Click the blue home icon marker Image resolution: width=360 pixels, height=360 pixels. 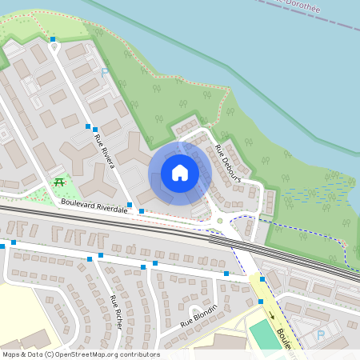click(180, 172)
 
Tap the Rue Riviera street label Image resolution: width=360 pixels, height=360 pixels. click(105, 151)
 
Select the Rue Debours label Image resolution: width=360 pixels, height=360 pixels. click(227, 162)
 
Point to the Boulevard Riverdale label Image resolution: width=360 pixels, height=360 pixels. click(94, 206)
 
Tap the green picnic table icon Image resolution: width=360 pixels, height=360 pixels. click(59, 182)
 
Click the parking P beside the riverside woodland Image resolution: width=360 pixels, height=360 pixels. click(104, 72)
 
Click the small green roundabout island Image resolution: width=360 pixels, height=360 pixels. click(219, 222)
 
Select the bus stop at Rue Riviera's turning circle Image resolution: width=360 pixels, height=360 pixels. click(53, 38)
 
